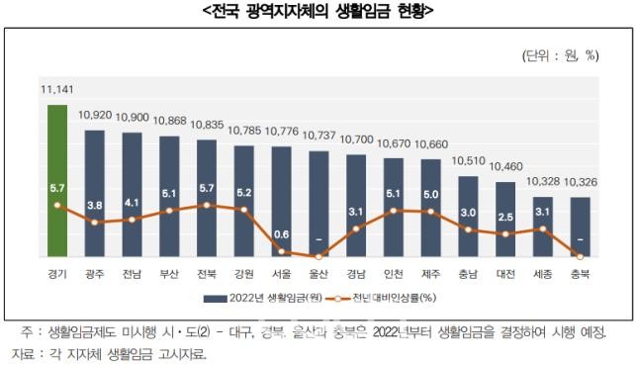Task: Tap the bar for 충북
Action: tap(582, 226)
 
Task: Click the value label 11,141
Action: tap(57, 91)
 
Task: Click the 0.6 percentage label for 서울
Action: tap(282, 234)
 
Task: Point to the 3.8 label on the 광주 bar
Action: tap(96, 206)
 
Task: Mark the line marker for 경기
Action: tap(57, 205)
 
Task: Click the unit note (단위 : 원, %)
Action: tap(559, 55)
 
